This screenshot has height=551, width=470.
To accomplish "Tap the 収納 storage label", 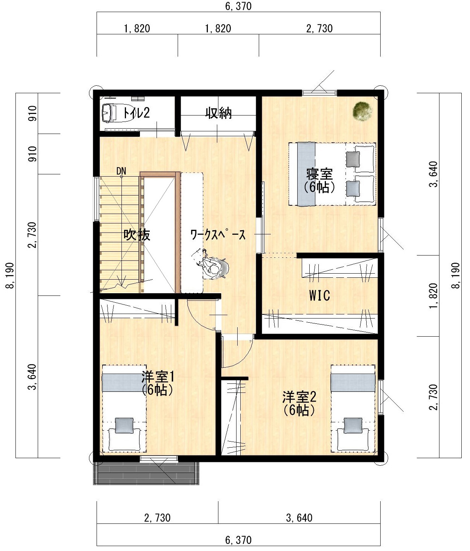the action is point(218,113).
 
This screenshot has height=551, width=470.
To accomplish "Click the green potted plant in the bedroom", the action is point(362,111).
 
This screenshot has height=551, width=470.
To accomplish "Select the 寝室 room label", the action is point(319,174).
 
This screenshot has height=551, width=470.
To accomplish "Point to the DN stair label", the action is point(121,171).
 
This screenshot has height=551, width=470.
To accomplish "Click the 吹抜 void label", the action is point(137,235).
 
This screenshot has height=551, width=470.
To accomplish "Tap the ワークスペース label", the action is point(218,235).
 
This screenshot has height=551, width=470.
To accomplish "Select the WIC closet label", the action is point(319,296).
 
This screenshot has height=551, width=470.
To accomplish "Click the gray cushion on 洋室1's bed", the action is point(124,425).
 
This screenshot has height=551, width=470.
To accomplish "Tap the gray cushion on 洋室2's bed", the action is point(353,425).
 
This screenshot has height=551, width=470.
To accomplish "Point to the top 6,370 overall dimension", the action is point(238,6).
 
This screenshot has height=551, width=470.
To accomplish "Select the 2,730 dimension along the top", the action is point(319,29).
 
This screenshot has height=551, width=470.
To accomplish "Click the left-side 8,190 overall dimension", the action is point(10,275).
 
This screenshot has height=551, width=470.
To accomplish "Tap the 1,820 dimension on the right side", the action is point(433,296).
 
